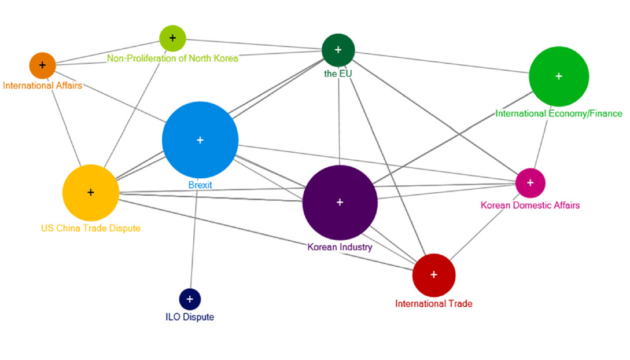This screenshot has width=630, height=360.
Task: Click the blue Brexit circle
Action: [x=200, y=140]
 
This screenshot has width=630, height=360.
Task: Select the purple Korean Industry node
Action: [x=340, y=202]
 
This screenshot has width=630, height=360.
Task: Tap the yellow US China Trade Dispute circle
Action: [x=90, y=192]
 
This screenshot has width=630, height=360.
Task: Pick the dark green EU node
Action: [x=338, y=50]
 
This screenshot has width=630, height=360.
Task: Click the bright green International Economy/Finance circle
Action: [x=558, y=76]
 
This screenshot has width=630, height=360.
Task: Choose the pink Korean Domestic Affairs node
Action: [x=530, y=183]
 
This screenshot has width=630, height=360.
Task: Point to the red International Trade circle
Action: [x=434, y=274]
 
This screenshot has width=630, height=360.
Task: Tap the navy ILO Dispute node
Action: [x=190, y=299]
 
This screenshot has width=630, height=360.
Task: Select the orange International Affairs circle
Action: [x=42, y=65]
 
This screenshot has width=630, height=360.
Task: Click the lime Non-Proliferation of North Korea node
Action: [x=172, y=38]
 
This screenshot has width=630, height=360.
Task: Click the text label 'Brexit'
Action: [x=200, y=185]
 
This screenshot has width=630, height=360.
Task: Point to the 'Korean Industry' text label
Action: [x=340, y=247]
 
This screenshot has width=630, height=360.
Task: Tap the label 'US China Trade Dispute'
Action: [x=90, y=228]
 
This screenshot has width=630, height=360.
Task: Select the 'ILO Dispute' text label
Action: [x=190, y=317]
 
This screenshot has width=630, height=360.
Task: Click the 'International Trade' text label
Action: [x=434, y=303]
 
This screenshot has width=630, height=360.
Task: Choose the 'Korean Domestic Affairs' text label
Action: [x=530, y=205]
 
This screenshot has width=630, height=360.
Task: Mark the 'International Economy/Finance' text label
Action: [x=558, y=113]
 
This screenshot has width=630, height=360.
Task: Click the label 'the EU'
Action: [x=338, y=74]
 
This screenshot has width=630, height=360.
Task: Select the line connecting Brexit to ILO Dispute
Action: [x=194, y=243]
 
